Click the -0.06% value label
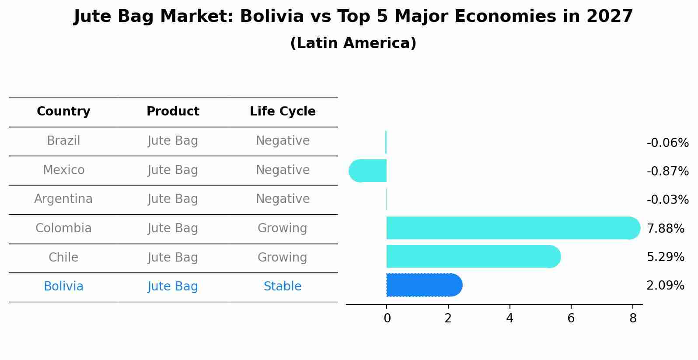(667, 143)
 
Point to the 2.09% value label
(665, 286)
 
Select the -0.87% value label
(667, 171)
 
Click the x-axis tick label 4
(510, 318)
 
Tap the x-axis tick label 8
(633, 318)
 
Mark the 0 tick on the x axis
(387, 318)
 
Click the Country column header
(63, 112)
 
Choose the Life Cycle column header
(283, 112)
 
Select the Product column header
(173, 112)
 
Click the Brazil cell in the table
(63, 141)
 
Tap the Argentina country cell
(63, 199)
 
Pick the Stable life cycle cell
(283, 287)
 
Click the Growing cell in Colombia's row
(283, 228)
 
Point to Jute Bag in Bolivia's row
(173, 287)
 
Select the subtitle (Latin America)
(353, 43)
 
